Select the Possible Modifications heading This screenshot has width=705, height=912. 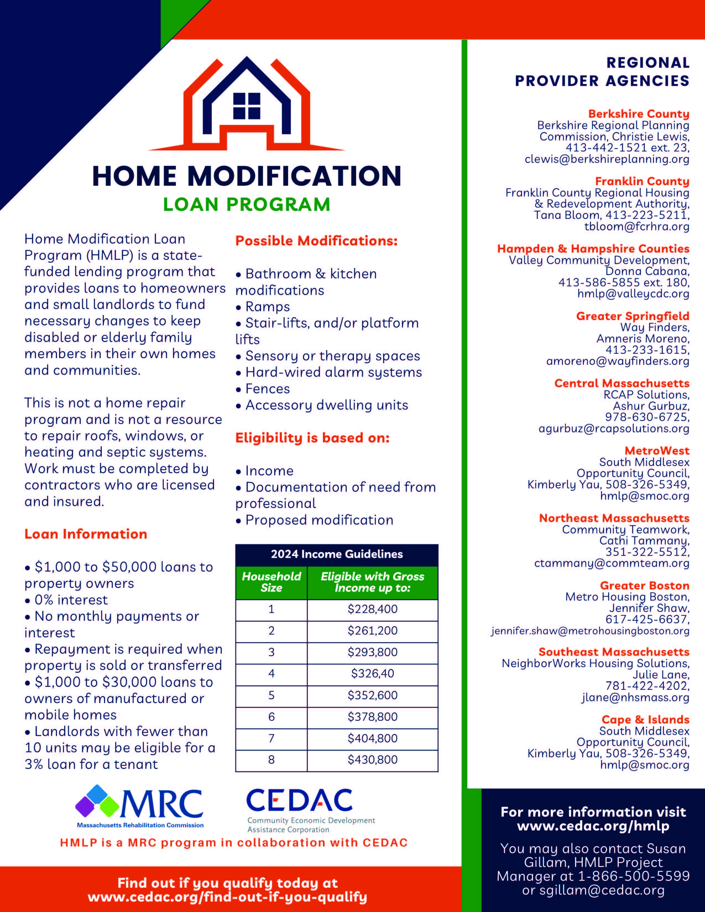coord(316,241)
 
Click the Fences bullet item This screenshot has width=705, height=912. coord(267,389)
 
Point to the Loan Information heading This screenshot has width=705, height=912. coord(86,534)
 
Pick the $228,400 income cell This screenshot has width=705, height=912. coord(373,609)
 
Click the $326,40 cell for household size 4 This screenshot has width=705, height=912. coord(373,673)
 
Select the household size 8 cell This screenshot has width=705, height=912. coord(271,759)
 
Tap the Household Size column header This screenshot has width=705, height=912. coord(271,582)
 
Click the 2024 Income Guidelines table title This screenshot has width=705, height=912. coord(337,554)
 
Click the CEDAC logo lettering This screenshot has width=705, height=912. coord(299,801)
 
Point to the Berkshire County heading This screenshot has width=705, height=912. coord(639,114)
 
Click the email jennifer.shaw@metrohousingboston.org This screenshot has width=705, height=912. coord(590,631)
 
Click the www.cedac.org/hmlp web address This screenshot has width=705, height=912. coord(593,826)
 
